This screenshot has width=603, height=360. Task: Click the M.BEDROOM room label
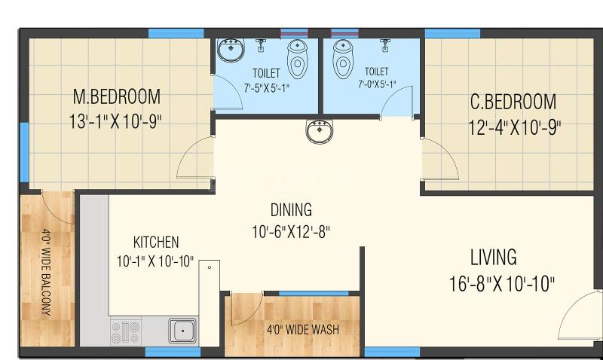pyautogui.click(x=117, y=97)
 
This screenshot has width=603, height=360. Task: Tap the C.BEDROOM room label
pyautogui.click(x=513, y=102)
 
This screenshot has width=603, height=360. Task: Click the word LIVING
pyautogui.click(x=494, y=258)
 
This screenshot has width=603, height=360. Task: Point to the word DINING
pyautogui.click(x=291, y=210)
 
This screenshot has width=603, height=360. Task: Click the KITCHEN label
pyautogui.click(x=156, y=243)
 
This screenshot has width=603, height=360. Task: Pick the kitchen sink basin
pyautogui.click(x=182, y=331)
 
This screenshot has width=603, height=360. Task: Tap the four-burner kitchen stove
pyautogui.click(x=125, y=331)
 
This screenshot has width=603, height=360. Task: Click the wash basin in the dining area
pyautogui.click(x=319, y=131)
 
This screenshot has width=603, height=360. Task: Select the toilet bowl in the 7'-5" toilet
pyautogui.click(x=297, y=59)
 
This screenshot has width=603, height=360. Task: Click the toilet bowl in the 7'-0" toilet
pyautogui.click(x=343, y=59)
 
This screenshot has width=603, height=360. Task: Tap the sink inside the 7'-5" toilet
pyautogui.click(x=231, y=50)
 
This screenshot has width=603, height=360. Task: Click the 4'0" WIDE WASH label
pyautogui.click(x=303, y=330)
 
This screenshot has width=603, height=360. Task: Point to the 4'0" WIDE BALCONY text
pyautogui.click(x=46, y=273)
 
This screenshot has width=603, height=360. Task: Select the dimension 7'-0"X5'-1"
pyautogui.click(x=377, y=84)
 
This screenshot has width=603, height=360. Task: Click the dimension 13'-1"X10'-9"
pyautogui.click(x=115, y=122)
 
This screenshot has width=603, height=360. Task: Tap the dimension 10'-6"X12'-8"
pyautogui.click(x=291, y=232)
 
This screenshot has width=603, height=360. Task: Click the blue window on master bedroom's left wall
pyautogui.click(x=24, y=153)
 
